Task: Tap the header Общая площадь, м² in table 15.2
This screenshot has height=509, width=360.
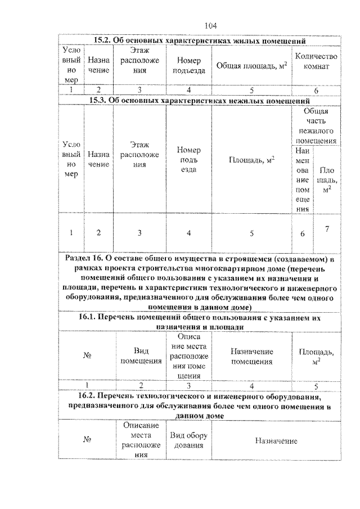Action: (251, 66)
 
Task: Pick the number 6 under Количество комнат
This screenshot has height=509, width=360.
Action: (316, 90)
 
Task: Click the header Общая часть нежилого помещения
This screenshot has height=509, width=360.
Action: (316, 126)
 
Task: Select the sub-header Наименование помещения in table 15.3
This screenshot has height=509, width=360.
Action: (302, 179)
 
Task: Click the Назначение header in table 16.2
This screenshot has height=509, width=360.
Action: (276, 441)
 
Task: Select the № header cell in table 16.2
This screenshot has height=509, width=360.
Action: (87, 441)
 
